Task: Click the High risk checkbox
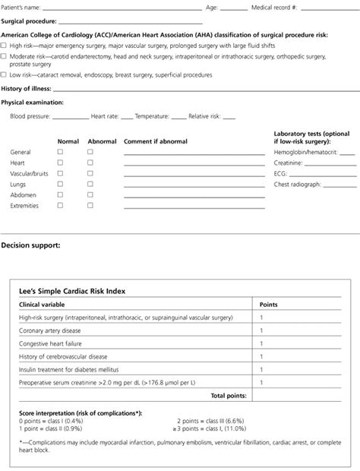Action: click(4, 45)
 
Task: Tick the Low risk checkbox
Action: click(4, 74)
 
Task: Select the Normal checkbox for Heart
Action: click(61, 163)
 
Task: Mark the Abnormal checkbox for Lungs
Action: click(90, 184)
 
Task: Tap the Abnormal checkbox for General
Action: click(90, 152)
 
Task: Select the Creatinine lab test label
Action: click(288, 163)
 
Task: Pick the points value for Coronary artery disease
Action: click(261, 330)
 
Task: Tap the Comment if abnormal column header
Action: click(155, 141)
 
